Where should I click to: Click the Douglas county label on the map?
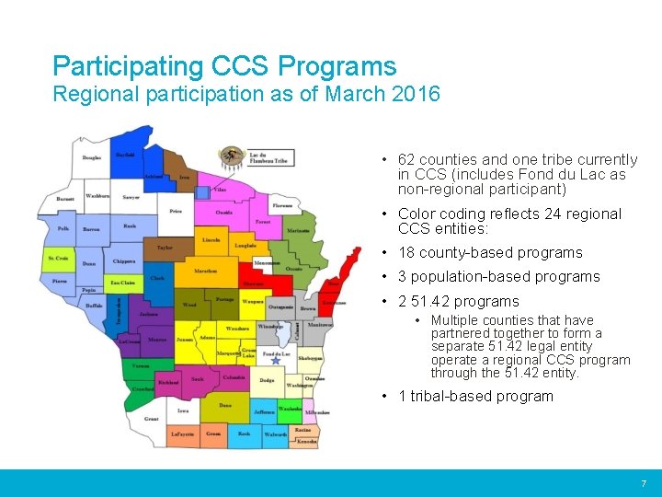[92, 157]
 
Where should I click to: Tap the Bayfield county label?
[125, 155]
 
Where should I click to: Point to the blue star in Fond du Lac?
[276, 361]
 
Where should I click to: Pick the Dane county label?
[225, 405]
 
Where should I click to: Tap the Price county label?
[175, 212]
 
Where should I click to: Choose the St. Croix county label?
[58, 259]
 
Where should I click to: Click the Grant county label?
[152, 419]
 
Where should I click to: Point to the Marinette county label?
[298, 230]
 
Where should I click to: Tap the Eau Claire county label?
[123, 283]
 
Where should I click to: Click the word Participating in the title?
[129, 66]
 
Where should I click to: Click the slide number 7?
[644, 483]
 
